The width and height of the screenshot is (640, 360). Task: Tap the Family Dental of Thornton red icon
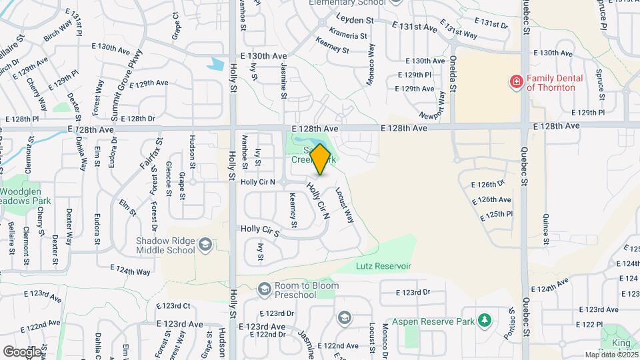(x=515, y=82)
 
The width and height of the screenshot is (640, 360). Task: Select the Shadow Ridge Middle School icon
(x=205, y=245)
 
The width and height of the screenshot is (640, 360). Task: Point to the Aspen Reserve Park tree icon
(x=485, y=321)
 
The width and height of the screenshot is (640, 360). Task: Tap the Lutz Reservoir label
(x=383, y=266)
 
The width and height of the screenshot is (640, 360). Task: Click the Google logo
(x=22, y=351)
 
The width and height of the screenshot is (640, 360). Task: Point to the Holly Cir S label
(x=259, y=229)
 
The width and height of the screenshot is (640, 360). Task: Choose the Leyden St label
(x=355, y=21)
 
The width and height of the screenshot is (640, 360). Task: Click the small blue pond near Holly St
(x=216, y=65)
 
